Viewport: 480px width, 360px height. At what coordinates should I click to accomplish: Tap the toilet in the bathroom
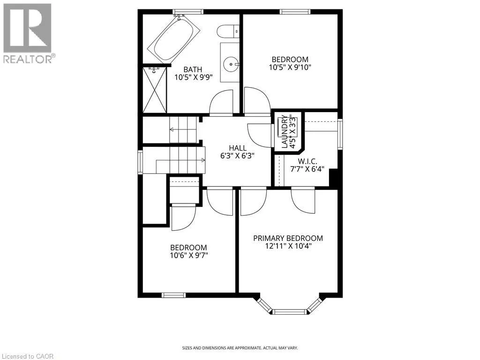point(228,31)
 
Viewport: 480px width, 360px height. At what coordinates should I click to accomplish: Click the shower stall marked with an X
point(155,90)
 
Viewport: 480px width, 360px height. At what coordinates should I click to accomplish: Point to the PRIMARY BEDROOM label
point(288,238)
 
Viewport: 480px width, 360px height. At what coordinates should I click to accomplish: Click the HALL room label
point(238,148)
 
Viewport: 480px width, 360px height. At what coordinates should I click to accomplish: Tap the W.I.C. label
point(307,161)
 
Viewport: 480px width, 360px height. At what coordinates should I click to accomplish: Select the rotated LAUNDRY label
point(285,132)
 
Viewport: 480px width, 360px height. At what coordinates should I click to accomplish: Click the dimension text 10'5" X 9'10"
point(290,67)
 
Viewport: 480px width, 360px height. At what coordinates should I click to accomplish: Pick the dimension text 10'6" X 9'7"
point(189,255)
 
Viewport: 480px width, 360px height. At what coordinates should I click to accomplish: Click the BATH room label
point(193,69)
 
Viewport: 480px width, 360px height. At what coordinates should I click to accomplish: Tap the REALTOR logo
point(28,33)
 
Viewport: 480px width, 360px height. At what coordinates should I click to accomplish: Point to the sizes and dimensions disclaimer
point(240,348)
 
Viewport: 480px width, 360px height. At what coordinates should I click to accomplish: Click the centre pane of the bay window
point(289,312)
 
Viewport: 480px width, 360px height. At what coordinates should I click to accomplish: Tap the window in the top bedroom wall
point(295,12)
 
